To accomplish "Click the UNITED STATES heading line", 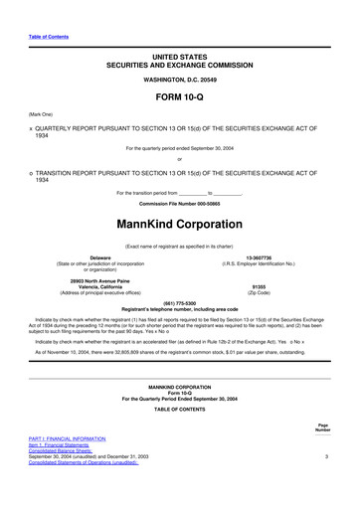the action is (180, 61).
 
